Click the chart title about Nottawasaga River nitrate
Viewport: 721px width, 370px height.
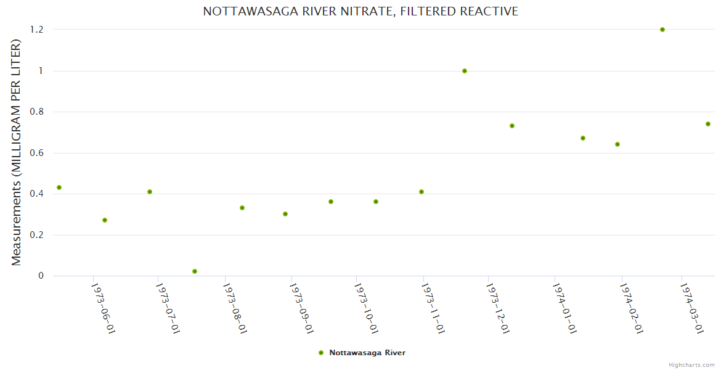360,11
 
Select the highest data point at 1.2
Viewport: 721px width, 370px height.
662,30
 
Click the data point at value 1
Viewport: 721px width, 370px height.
465,71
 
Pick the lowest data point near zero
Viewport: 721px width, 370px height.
195,271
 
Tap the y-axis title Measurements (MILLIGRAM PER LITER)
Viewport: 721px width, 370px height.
17,152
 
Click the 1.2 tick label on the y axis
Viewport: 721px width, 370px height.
37,30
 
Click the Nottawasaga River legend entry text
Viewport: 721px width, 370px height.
367,353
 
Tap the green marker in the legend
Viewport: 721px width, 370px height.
320,353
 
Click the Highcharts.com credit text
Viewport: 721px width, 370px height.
691,364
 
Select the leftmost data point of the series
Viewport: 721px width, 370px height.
59,187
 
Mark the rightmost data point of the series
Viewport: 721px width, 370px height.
708,124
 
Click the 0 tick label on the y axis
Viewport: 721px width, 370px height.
41,276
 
